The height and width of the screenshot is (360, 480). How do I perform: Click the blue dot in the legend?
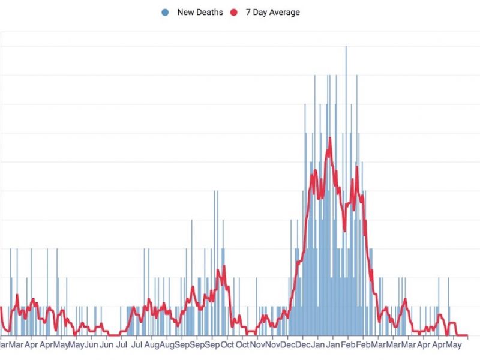(165, 12)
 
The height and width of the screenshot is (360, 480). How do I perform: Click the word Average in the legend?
(285, 12)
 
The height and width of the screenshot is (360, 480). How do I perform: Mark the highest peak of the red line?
(329, 139)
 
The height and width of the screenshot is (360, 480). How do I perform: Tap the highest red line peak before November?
(224, 266)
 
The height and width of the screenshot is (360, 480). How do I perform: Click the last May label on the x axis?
(454, 346)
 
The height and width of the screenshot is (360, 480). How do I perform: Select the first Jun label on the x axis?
(91, 346)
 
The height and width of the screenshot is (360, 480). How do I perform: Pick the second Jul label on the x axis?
(136, 346)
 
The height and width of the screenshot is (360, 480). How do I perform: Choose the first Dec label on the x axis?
(288, 346)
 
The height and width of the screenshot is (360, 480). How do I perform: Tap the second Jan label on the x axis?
(333, 346)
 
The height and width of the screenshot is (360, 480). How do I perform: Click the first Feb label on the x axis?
(349, 346)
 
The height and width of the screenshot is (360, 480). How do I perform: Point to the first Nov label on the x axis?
(258, 346)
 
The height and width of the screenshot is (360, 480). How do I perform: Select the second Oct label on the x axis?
(242, 346)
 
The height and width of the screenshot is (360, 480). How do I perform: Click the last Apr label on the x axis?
(439, 346)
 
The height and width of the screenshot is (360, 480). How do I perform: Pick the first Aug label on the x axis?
(152, 346)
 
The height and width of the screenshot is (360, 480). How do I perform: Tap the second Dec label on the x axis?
(303, 346)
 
